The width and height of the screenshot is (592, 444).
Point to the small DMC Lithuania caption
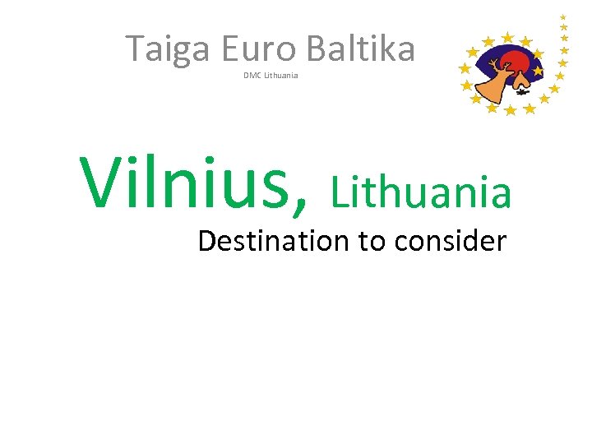[271, 76]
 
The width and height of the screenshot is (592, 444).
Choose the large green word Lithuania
[421, 192]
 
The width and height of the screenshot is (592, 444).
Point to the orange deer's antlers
[494, 65]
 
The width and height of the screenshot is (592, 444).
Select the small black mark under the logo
[521, 92]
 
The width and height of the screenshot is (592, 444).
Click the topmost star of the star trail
[563, 16]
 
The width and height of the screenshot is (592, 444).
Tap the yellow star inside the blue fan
[538, 72]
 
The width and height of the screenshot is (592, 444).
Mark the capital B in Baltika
[317, 49]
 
